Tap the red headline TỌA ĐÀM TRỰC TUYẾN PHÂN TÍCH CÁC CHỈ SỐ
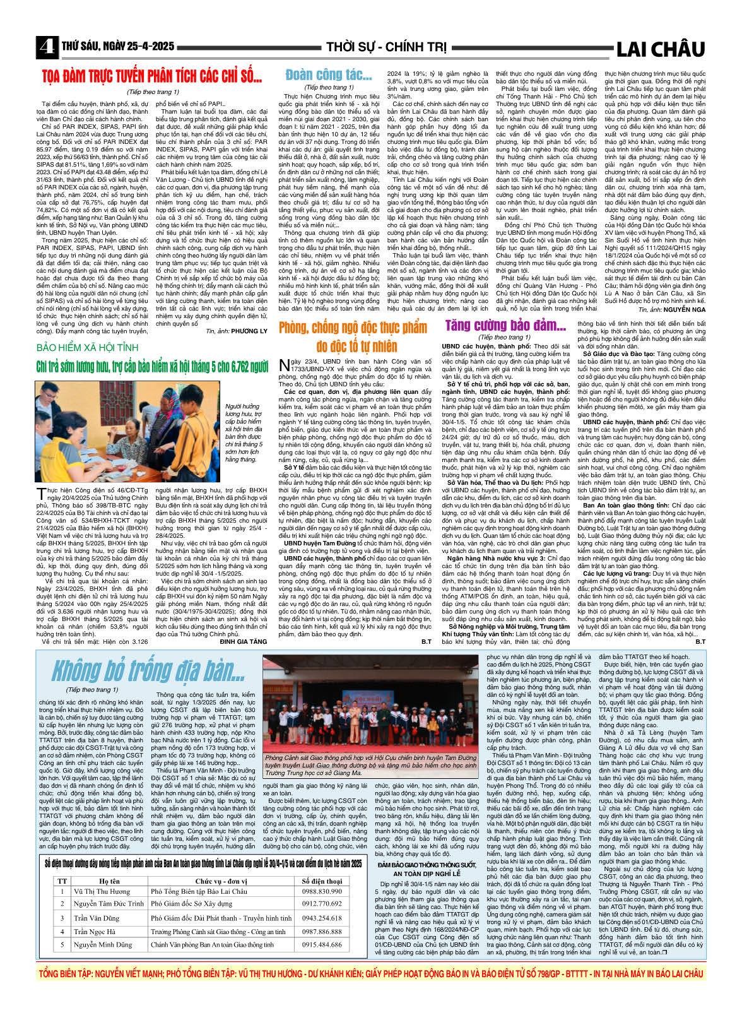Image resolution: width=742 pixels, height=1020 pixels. point(152,77)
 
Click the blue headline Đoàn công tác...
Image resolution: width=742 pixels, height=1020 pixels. point(328,75)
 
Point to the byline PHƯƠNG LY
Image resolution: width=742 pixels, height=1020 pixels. point(249,331)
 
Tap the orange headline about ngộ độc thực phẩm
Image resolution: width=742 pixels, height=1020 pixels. point(353,336)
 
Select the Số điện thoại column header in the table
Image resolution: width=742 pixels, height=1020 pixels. point(322,881)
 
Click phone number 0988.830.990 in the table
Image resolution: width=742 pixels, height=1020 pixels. point(322,891)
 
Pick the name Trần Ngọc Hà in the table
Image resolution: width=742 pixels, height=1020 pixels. point(95,932)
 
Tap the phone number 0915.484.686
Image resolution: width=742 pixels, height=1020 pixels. point(322,945)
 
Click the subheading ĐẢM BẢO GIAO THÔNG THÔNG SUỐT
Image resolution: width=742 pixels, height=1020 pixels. point(427,865)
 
